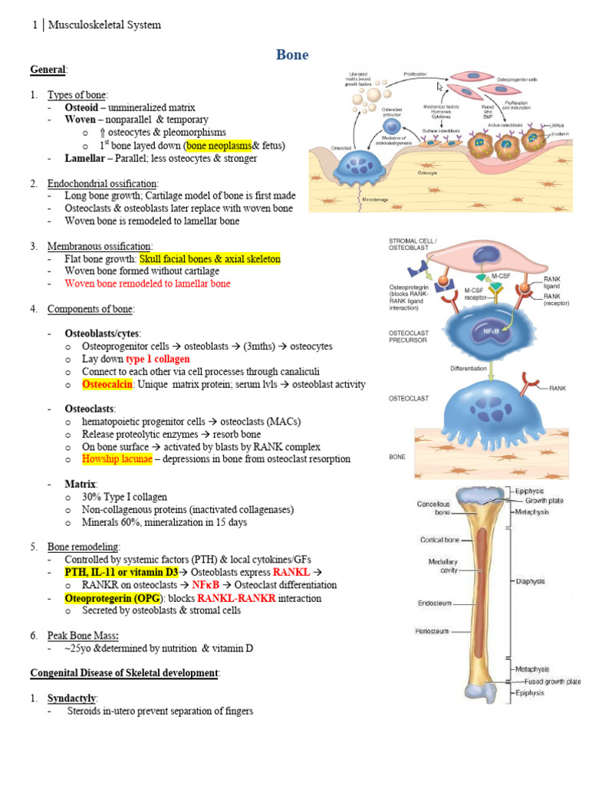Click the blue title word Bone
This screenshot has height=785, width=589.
click(x=291, y=54)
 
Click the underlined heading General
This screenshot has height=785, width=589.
click(x=48, y=70)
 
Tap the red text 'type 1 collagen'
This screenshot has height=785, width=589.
click(x=157, y=359)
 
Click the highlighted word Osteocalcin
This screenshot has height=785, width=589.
click(x=107, y=384)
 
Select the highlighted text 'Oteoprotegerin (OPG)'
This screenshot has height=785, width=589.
click(x=115, y=598)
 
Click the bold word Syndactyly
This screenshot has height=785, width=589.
click(x=71, y=698)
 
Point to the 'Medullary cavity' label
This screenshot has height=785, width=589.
click(x=443, y=567)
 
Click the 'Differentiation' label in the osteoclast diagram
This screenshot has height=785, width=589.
click(x=469, y=369)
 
